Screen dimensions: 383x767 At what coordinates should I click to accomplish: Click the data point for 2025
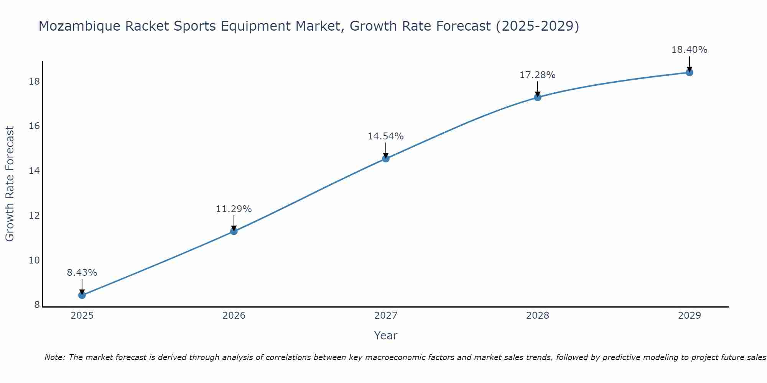click(82, 295)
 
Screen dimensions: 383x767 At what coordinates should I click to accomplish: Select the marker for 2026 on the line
click(234, 231)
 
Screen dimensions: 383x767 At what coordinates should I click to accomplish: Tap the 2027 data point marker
click(385, 159)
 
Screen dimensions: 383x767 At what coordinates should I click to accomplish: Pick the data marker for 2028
click(537, 97)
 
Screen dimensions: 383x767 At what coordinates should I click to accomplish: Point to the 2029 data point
click(689, 72)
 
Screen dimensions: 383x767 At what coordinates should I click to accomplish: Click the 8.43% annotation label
click(82, 273)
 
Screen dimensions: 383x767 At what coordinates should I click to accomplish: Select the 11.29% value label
click(234, 209)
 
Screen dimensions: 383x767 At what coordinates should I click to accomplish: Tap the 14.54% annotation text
click(385, 136)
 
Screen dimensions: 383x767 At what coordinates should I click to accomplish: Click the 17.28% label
click(537, 75)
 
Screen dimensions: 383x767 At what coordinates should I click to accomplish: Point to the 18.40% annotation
click(689, 50)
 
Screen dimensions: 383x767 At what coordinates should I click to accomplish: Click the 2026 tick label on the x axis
click(234, 316)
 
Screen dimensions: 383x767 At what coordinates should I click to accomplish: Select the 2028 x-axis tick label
click(537, 316)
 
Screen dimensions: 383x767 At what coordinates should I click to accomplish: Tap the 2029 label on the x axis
click(689, 316)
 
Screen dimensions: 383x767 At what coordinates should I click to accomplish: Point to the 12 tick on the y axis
click(35, 216)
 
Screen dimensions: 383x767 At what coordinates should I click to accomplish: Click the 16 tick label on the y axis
click(35, 126)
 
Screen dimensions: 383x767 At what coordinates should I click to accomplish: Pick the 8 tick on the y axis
click(37, 305)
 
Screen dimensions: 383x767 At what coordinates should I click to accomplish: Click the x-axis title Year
click(385, 336)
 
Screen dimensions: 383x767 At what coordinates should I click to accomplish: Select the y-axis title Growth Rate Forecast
click(10, 184)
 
